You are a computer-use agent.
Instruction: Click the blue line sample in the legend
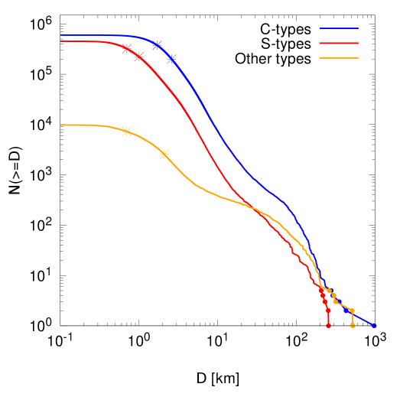click(x=339, y=28)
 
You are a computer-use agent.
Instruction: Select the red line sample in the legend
click(x=339, y=43)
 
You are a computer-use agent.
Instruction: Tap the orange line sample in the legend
click(x=339, y=57)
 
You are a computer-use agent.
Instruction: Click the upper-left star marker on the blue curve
click(x=157, y=45)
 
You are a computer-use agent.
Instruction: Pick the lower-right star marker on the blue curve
click(x=171, y=59)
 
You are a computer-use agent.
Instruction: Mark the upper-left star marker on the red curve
click(x=126, y=48)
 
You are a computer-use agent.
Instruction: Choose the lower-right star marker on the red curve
click(x=138, y=57)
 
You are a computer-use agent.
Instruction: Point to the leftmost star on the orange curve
click(x=126, y=132)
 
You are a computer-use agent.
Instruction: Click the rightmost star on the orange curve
click(x=164, y=154)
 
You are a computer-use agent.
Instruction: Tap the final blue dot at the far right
click(x=375, y=326)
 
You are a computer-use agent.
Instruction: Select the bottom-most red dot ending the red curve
click(x=328, y=326)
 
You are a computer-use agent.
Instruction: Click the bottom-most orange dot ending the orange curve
click(x=353, y=326)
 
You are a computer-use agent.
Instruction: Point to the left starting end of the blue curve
click(x=61, y=34)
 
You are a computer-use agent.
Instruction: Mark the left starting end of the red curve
click(x=61, y=41)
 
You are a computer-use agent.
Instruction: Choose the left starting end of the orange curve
click(x=61, y=125)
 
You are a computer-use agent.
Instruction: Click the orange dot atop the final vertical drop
click(x=352, y=311)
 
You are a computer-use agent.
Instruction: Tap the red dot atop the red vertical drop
click(x=328, y=310)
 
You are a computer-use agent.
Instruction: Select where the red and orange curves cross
click(x=254, y=208)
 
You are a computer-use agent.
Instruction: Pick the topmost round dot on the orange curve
click(x=330, y=291)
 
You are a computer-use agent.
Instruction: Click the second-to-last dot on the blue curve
click(x=346, y=310)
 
